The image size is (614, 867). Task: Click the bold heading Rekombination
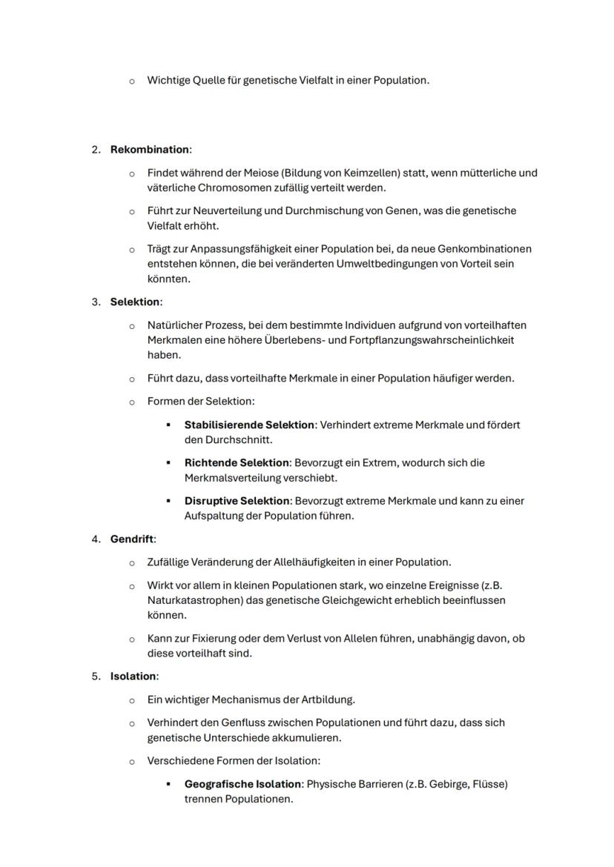tap(150, 150)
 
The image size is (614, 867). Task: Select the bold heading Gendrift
tap(132, 539)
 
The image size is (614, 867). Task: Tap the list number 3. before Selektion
tap(96, 302)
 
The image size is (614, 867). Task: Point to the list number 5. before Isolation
tap(96, 676)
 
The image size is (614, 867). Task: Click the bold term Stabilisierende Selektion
tap(250, 425)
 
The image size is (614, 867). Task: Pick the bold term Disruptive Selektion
tap(237, 501)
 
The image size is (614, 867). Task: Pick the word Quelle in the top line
tap(210, 80)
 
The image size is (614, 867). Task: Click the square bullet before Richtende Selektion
tap(168, 462)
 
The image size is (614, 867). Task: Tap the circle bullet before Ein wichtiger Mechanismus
tap(132, 700)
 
